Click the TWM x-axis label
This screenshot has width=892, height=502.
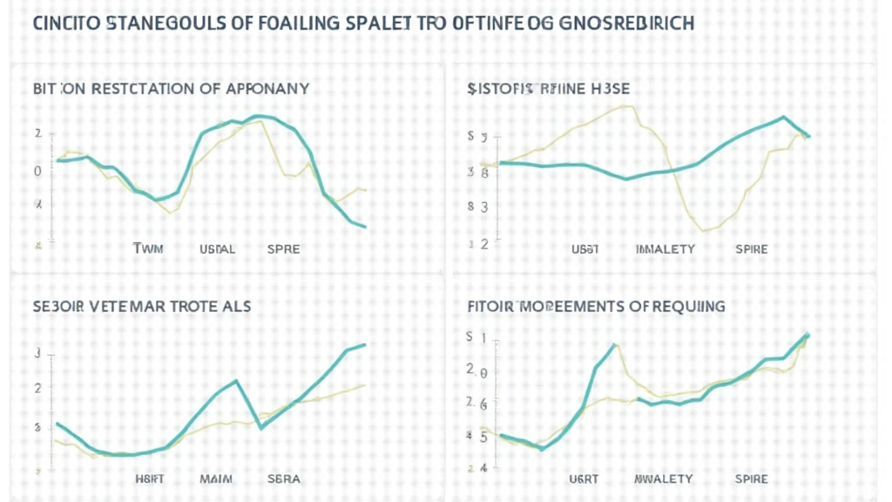click(x=148, y=248)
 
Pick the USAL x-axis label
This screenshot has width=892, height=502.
click(x=217, y=248)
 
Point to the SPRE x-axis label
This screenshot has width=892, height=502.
click(x=283, y=248)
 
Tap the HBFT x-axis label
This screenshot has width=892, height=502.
click(x=151, y=478)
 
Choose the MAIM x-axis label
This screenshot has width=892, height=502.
click(x=217, y=478)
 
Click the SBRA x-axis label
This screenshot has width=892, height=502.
click(x=283, y=478)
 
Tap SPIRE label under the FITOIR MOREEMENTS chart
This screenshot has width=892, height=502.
click(x=752, y=478)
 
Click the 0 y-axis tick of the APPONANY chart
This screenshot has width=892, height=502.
click(x=37, y=171)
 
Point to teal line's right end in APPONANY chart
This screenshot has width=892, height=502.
click(x=365, y=227)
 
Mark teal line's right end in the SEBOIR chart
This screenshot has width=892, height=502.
click(x=365, y=344)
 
